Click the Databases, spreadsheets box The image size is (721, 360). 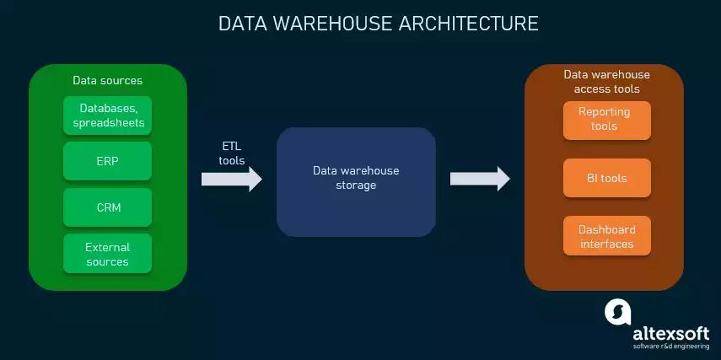[108, 116]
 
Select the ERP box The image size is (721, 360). [108, 161]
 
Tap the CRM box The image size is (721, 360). [108, 207]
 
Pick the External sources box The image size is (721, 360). [108, 254]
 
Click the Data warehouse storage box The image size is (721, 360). [356, 181]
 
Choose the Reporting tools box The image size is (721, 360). [607, 120]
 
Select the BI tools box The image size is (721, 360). [607, 179]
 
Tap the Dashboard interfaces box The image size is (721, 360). [607, 237]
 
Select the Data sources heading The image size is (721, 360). [107, 81]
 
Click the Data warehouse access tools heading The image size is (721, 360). [606, 82]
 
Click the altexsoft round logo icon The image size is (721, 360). [618, 312]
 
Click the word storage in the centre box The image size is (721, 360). [356, 185]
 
